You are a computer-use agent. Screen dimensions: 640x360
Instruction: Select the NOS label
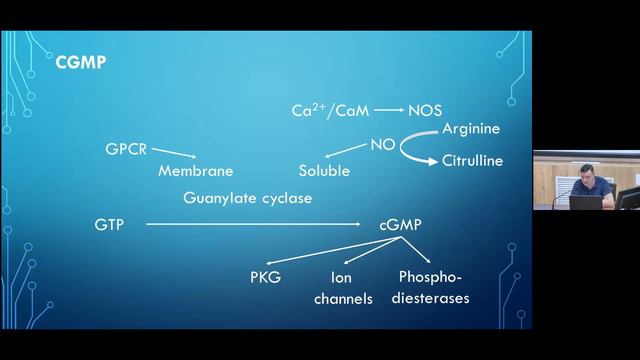tap(426, 111)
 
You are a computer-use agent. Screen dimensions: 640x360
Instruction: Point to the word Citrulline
tap(472, 160)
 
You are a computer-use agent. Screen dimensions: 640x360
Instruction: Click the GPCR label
tap(127, 150)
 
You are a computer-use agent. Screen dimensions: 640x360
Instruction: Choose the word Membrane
tap(196, 171)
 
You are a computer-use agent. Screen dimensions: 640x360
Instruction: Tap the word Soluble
tap(324, 171)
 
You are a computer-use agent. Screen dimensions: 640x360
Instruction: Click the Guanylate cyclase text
tap(248, 198)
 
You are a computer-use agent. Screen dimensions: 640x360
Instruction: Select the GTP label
tap(110, 225)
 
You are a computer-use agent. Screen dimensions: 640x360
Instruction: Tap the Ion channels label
tap(342, 287)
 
